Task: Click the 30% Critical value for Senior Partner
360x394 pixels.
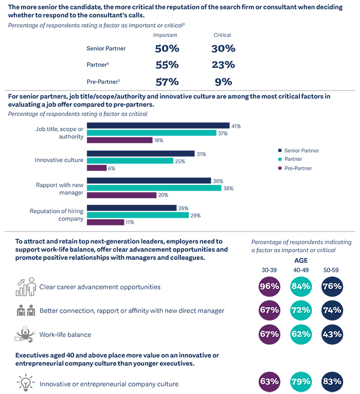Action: (x=223, y=49)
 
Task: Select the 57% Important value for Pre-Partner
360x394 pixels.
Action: (x=167, y=82)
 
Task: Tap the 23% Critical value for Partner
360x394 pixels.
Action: (x=223, y=65)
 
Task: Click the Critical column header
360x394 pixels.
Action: (x=222, y=35)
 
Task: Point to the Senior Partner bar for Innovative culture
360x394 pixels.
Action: (x=140, y=154)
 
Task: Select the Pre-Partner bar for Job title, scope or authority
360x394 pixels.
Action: (x=119, y=140)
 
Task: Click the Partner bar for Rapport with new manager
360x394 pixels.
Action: (x=153, y=188)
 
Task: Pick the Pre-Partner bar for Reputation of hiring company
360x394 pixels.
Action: (x=105, y=222)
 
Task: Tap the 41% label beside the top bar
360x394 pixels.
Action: (x=236, y=126)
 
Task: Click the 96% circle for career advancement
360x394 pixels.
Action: (x=269, y=287)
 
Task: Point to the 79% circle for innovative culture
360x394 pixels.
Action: (x=300, y=382)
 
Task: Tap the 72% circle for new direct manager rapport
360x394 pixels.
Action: (x=300, y=310)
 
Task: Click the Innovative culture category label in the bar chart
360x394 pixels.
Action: (x=59, y=160)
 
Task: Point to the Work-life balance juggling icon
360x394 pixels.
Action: (x=25, y=334)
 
